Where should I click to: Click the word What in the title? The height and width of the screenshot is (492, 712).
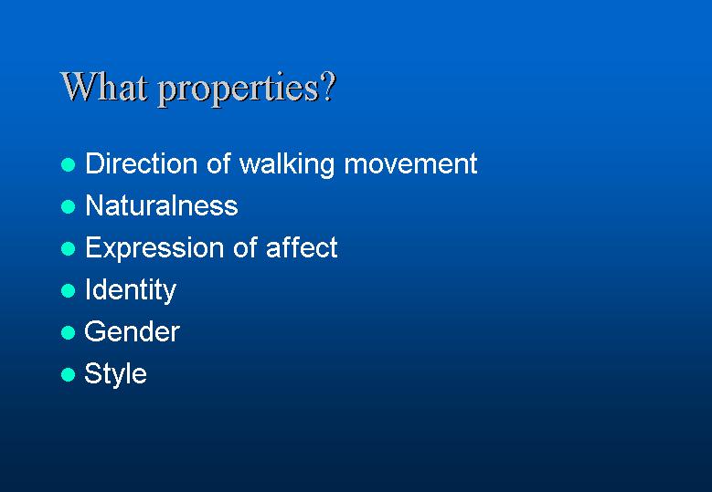coord(104,87)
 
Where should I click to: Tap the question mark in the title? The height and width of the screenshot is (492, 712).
coord(328,87)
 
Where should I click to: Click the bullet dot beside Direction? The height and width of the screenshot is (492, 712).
coord(69,164)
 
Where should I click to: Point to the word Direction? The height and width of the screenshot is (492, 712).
coord(142,163)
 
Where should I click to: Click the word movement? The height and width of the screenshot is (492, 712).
coord(410,164)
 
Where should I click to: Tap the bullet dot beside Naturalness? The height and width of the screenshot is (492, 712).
coord(69,207)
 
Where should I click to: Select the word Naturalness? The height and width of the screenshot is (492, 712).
coord(162,205)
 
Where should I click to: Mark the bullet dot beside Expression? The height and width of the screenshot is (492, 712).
coord(69,248)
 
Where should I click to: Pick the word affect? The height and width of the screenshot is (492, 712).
coord(302,247)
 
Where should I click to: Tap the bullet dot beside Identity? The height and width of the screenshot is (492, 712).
coord(69,290)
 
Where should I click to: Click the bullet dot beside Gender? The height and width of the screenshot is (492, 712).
coord(69,333)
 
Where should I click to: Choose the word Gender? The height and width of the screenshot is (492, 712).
coord(133,332)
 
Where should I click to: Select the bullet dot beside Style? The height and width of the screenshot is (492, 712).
coord(69,374)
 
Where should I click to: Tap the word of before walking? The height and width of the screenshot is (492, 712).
coord(218,163)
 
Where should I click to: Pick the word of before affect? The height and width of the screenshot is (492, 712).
coord(245,247)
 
